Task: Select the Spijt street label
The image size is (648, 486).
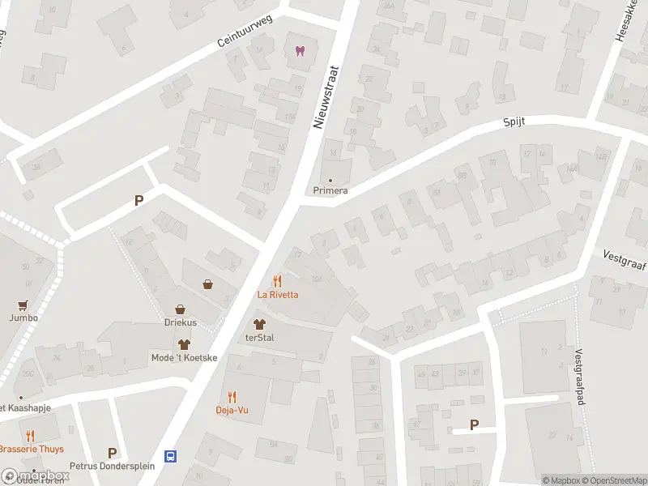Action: pos(514,122)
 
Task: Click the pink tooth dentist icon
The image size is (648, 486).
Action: pos(301,51)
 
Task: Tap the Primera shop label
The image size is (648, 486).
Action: pos(330,191)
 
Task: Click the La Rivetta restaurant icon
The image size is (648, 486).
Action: pos(278,281)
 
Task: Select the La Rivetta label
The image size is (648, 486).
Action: pos(278,295)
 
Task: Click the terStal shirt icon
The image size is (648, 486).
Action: pos(259,325)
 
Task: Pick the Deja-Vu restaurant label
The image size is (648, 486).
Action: pos(232,410)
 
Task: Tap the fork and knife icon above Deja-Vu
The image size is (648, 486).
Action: pos(232,396)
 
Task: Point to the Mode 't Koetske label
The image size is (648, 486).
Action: pos(184,358)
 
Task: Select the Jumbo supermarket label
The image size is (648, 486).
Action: pos(23,318)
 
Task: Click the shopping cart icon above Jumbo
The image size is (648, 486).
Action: pos(23,305)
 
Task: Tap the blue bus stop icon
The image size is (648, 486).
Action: pos(171,456)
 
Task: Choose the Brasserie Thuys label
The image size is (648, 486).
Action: pos(32,449)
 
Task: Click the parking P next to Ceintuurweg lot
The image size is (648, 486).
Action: pos(139,201)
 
